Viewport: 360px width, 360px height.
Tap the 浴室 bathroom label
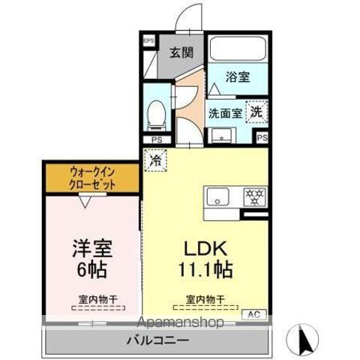[x=238, y=76]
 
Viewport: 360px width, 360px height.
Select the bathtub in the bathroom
[x=237, y=49]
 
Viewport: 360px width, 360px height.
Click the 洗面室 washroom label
[x=225, y=113]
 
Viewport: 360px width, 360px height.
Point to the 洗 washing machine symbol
[x=257, y=109]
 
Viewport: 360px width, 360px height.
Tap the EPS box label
[x=148, y=40]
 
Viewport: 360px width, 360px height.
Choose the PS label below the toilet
[x=156, y=139]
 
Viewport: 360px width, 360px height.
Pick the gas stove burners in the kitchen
[x=253, y=197]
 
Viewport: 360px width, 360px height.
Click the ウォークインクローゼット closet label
[x=93, y=177]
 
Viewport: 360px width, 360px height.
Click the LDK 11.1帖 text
[x=204, y=257]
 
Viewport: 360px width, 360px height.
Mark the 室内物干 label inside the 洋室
[x=94, y=299]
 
